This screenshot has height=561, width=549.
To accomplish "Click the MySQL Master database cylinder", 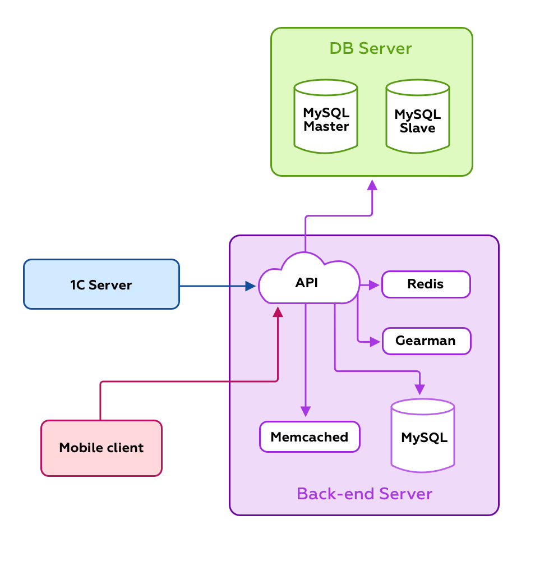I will tap(326, 116).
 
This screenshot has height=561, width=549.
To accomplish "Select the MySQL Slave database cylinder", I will tap(418, 116).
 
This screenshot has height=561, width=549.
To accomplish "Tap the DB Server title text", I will tap(371, 48).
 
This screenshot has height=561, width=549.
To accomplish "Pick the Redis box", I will tap(426, 284).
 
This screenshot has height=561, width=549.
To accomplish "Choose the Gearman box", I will tap(426, 341).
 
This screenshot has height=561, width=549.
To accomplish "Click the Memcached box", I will tap(310, 437).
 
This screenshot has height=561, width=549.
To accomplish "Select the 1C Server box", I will tap(102, 284).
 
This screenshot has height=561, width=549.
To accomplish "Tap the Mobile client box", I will tap(102, 448).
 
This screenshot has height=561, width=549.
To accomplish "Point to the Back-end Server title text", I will tap(365, 494).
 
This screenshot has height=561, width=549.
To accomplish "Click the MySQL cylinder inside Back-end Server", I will tap(423, 436).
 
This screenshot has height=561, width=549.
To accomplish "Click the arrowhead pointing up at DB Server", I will tap(372, 185).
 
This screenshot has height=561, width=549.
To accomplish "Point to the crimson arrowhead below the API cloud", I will tap(278, 312).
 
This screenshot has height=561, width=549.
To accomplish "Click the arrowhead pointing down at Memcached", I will tap(306, 411).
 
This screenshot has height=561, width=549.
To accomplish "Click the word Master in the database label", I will tap(326, 127).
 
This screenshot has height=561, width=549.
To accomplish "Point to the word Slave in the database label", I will tap(418, 128).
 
